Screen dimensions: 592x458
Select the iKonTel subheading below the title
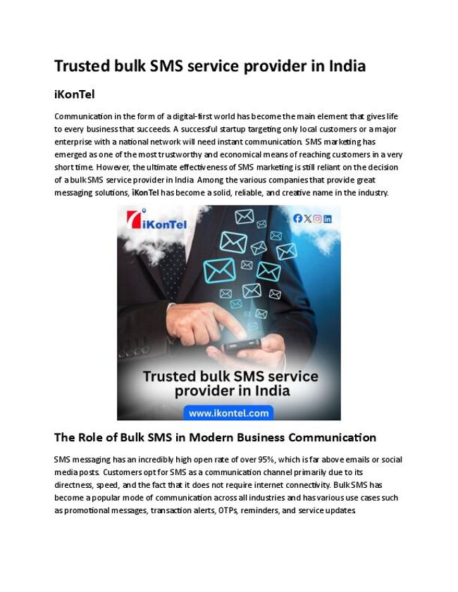click(x=74, y=94)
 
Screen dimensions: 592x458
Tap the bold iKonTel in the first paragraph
click(x=145, y=192)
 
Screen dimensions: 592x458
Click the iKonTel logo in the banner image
click(x=150, y=223)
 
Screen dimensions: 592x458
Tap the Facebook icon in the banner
click(x=297, y=219)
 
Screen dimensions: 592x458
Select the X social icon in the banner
click(x=307, y=219)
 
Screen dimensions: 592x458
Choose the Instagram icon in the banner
click(x=317, y=219)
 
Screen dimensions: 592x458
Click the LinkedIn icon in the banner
click(x=328, y=219)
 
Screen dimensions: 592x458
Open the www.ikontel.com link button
click(x=228, y=412)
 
